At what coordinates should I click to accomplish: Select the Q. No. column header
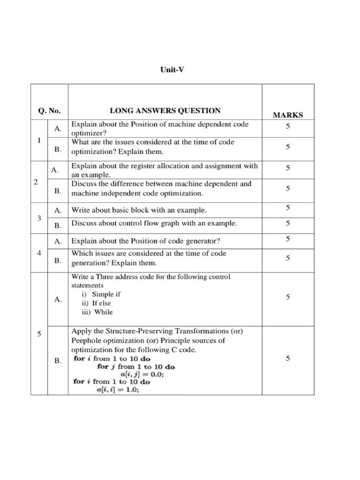[x=49, y=111]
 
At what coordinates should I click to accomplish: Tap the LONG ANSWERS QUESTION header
[x=165, y=111]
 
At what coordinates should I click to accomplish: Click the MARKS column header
[x=287, y=115]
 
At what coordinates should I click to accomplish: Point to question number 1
[x=39, y=140]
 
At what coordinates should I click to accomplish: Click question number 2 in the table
[x=36, y=182]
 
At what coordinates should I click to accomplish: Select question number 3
[x=39, y=218]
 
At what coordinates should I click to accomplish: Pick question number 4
[x=39, y=253]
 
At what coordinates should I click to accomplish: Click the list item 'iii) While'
[x=97, y=312]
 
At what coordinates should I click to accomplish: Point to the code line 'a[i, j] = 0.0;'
[x=142, y=374]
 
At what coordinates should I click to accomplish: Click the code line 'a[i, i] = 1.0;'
[x=118, y=390]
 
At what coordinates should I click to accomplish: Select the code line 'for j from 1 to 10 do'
[x=136, y=367]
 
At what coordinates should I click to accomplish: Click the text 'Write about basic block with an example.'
[x=139, y=210]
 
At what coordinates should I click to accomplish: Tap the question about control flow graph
[x=154, y=224]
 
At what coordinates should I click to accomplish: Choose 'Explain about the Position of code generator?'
[x=145, y=241]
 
